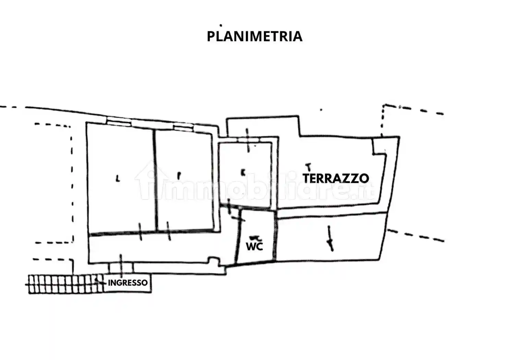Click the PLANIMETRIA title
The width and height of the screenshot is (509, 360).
(254, 36)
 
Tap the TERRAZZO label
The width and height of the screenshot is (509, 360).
(336, 178)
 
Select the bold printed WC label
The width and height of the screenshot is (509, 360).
(254, 246)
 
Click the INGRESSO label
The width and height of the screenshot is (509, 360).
(128, 283)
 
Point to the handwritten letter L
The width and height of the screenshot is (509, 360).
(118, 178)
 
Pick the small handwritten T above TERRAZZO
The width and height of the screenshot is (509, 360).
(308, 167)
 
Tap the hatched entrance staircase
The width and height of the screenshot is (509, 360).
(65, 284)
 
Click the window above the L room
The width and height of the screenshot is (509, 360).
(118, 120)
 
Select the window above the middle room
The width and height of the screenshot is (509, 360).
(183, 128)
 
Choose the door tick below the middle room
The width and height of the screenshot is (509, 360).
(168, 231)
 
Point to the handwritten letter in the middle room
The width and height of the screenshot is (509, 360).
(179, 175)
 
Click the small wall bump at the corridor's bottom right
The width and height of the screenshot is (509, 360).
(213, 260)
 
